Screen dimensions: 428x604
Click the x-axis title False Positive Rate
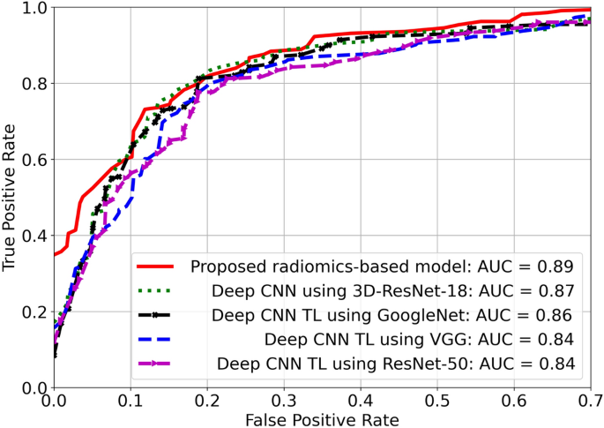tap(323, 417)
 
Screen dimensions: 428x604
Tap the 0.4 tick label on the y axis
tap(33, 237)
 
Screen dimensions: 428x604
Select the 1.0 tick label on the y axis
tap(33, 9)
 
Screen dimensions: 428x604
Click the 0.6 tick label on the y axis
tap(33, 160)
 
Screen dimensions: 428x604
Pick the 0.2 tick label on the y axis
tap(33, 312)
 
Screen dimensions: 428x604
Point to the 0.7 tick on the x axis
tap(588, 399)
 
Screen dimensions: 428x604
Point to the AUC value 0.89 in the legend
tap(557, 266)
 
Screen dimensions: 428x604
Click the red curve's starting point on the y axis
tap(55, 254)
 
